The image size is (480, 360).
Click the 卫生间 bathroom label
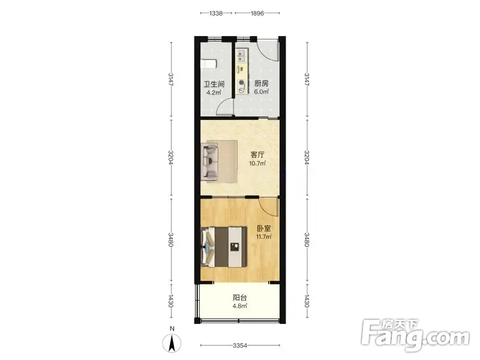(x=214, y=84)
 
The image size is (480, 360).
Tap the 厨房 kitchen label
(x=262, y=83)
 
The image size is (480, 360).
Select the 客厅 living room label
(x=257, y=155)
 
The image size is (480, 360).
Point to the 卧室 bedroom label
(x=263, y=229)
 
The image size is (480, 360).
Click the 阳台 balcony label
(x=240, y=298)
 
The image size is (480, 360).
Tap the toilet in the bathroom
(x=208, y=64)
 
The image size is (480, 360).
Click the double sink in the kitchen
(x=242, y=56)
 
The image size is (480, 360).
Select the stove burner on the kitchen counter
(x=242, y=82)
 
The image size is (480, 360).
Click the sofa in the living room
(x=209, y=161)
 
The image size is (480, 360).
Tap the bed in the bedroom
(x=224, y=247)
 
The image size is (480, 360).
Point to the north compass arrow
(x=172, y=343)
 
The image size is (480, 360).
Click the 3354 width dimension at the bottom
(x=240, y=346)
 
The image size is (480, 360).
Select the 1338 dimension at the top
(x=216, y=13)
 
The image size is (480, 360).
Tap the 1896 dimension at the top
(x=257, y=13)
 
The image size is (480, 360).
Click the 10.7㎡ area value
(x=257, y=163)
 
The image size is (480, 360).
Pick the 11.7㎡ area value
(x=263, y=236)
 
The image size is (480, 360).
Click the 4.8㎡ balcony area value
(x=240, y=306)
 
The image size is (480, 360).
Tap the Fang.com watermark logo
(x=415, y=335)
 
